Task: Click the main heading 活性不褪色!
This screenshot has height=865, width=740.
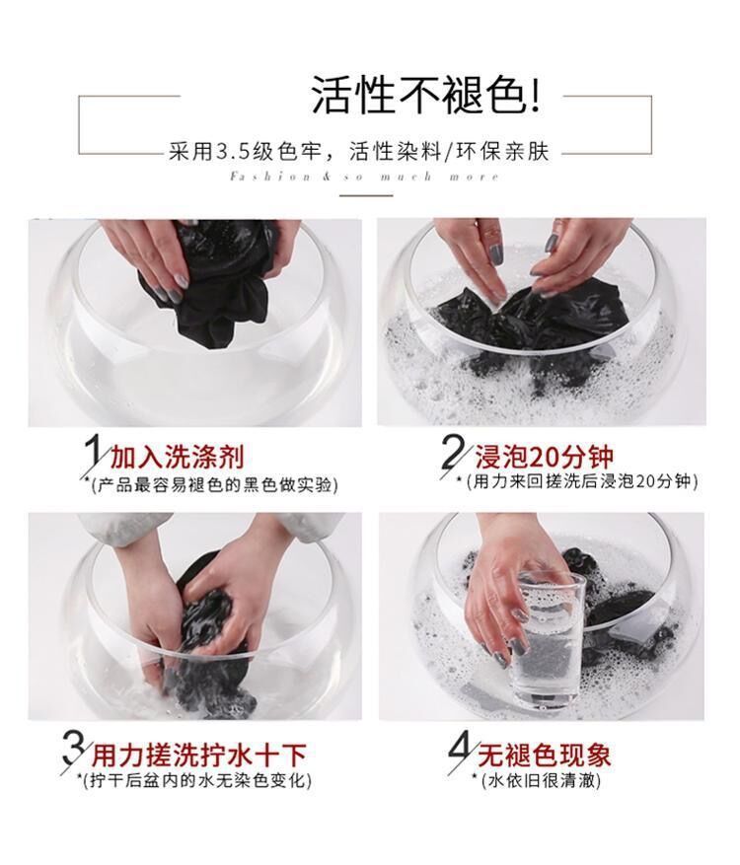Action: (x=425, y=95)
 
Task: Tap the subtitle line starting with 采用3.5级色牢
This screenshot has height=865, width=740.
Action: (x=359, y=151)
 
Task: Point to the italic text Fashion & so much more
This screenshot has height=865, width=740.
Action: (x=364, y=177)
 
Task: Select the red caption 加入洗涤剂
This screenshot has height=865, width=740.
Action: (x=177, y=457)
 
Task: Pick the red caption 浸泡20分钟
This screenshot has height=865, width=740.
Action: (x=544, y=457)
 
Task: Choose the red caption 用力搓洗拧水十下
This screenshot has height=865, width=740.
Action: (x=198, y=756)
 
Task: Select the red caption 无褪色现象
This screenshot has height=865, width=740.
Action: (x=544, y=756)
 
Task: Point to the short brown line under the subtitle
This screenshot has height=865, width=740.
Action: (x=365, y=195)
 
